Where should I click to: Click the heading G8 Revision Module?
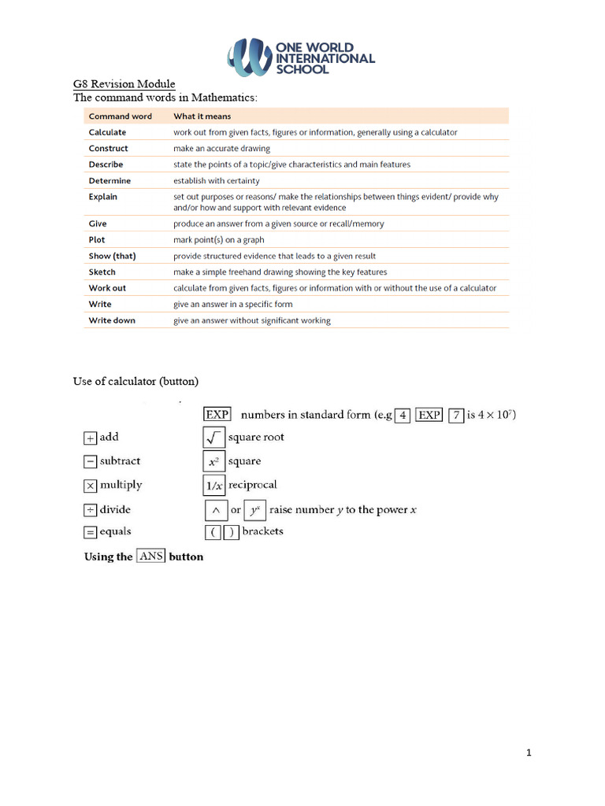(124, 84)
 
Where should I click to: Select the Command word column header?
(121, 116)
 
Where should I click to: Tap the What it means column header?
(202, 116)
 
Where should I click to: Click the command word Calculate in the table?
(107, 132)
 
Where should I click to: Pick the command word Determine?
(109, 181)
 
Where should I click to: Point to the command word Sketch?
(102, 272)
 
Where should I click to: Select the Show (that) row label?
(111, 256)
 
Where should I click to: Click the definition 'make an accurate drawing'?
(221, 148)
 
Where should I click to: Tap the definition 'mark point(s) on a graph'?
(219, 240)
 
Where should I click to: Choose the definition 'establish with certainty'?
(217, 181)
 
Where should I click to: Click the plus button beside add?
(90, 438)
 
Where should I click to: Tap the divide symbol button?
(90, 510)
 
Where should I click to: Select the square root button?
(214, 438)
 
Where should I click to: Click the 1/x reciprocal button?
(214, 486)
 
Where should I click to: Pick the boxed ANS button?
(150, 556)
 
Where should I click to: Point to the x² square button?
(214, 462)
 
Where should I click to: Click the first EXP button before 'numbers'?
(217, 415)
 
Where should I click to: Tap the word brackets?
(262, 531)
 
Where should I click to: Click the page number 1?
(529, 753)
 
